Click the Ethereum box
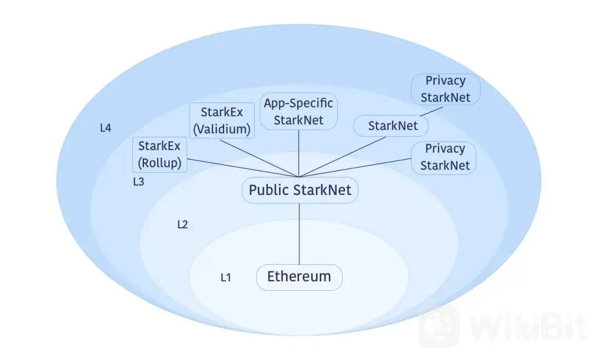[300, 277]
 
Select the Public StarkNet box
[300, 190]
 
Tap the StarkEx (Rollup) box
[159, 155]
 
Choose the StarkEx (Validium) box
[222, 121]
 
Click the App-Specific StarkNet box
[298, 111]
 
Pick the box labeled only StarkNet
[391, 126]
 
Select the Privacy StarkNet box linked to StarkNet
[445, 89]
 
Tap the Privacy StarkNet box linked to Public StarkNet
[444, 158]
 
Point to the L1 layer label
[226, 277]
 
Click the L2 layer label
[183, 225]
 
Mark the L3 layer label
[138, 182]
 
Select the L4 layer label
[106, 128]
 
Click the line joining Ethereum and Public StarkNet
[300, 234]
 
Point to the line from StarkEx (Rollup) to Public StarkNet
[243, 168]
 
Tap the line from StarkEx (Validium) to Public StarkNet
[259, 158]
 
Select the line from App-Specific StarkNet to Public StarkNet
[298, 153]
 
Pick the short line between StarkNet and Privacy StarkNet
[431, 111]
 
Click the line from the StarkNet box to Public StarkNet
[343, 157]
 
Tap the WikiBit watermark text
[528, 327]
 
